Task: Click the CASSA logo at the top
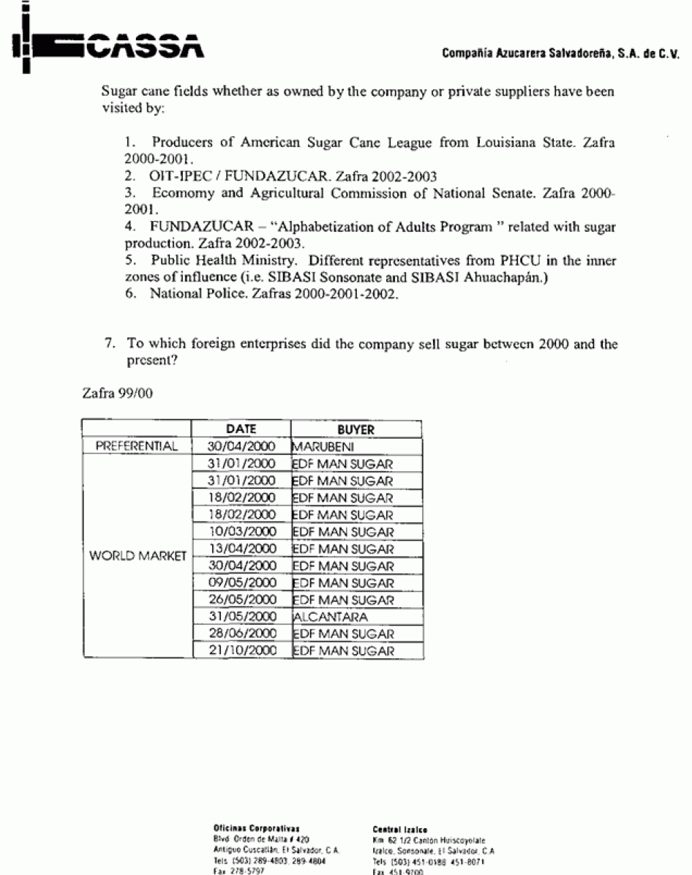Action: (106, 46)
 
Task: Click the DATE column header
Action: (241, 430)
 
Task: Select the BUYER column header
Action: (356, 430)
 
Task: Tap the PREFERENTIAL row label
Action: (137, 446)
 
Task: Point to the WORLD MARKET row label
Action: (137, 556)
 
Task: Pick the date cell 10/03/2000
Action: (241, 532)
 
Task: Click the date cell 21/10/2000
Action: (241, 651)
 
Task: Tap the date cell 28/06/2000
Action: (241, 634)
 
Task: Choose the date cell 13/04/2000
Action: (241, 549)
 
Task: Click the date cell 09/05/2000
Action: (241, 583)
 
